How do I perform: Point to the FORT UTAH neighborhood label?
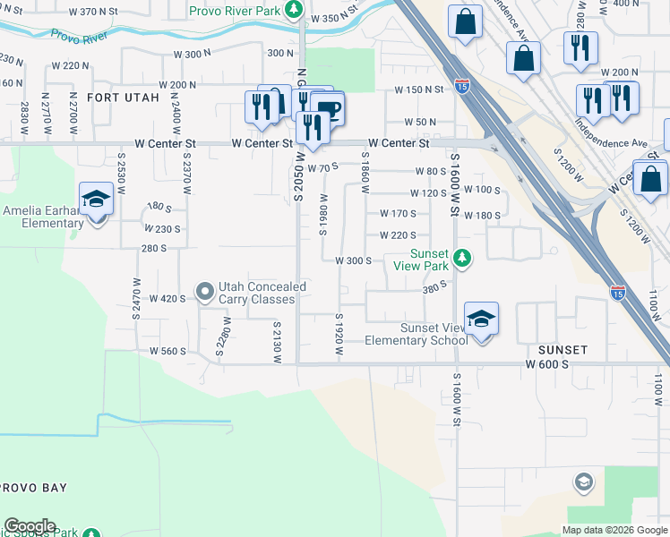pos(124,97)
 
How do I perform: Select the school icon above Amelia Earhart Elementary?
pos(97,199)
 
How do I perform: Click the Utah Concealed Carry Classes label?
pos(262,292)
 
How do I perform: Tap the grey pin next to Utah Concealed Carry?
pos(205,291)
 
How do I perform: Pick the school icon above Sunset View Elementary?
pos(481,319)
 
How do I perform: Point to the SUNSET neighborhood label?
pos(563,349)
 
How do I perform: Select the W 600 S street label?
pos(547,364)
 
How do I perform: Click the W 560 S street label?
pos(167,352)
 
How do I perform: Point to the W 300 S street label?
pos(353,261)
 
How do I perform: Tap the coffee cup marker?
pos(329,109)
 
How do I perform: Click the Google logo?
pos(30,526)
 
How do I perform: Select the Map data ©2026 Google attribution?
pos(614,530)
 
